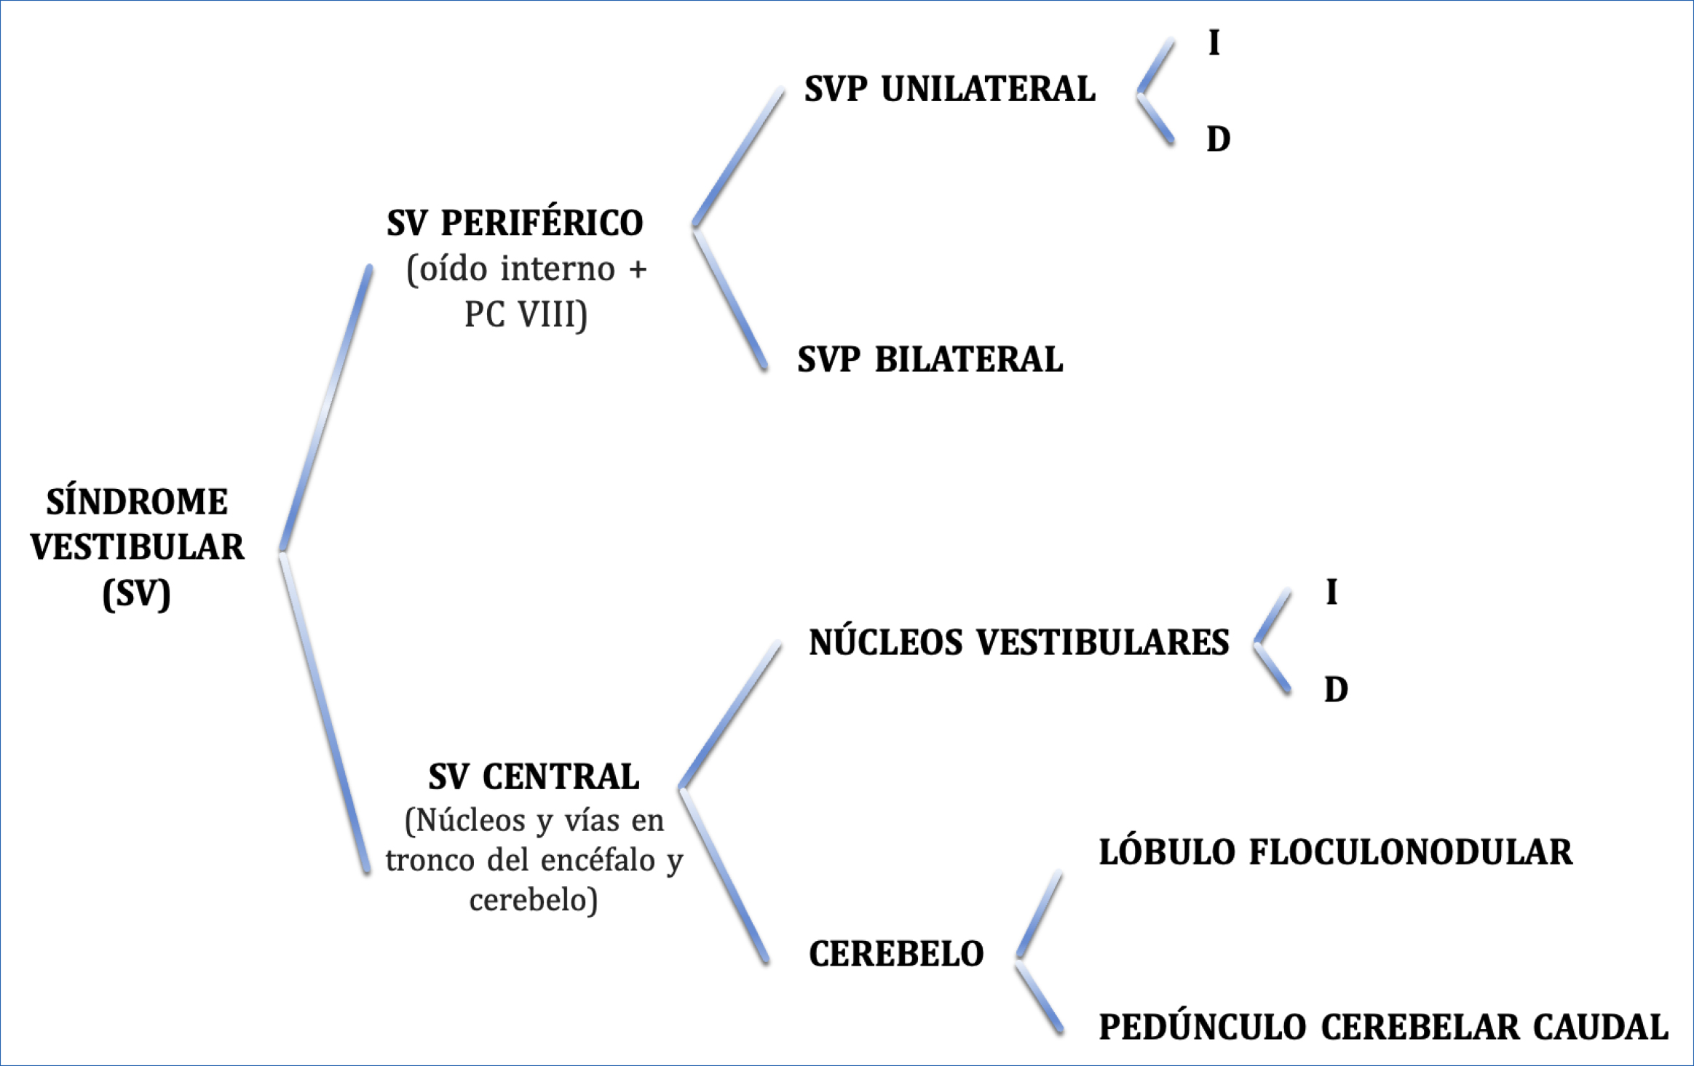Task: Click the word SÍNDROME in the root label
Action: [137, 501]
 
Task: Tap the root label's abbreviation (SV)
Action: [137, 594]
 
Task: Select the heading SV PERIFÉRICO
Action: [515, 222]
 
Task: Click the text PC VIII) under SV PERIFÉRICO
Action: [526, 314]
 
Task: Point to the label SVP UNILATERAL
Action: [949, 89]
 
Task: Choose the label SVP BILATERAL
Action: [930, 359]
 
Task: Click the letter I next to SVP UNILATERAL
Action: [1214, 42]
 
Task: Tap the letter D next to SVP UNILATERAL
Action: [1218, 138]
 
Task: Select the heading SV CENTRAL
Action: [534, 776]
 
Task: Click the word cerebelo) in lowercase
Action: [534, 900]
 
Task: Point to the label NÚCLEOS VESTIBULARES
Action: [1018, 643]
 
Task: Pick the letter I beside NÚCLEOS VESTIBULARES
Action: [1331, 592]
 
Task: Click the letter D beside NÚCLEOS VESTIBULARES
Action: [1336, 688]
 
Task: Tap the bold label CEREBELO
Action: [896, 954]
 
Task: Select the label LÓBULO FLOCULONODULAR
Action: [1336, 852]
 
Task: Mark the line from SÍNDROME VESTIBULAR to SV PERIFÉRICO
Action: [326, 409]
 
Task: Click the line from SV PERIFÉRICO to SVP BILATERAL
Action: [730, 300]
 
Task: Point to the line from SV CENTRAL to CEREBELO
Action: [724, 877]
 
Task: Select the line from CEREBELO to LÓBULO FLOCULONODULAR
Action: [1039, 915]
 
